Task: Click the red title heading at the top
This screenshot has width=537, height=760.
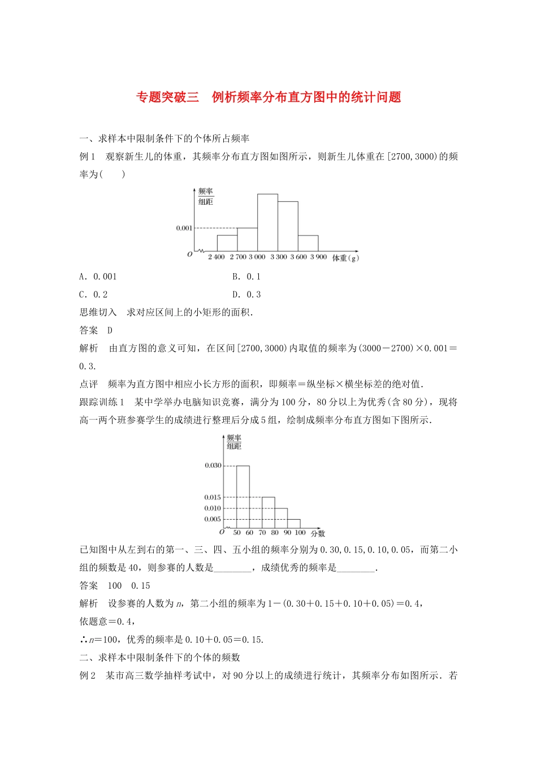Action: [x=268, y=97]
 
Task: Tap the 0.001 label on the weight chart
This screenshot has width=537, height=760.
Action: [x=184, y=228]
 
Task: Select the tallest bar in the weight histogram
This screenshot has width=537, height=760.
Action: [x=267, y=222]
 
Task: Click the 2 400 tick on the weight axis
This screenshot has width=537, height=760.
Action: [x=216, y=257]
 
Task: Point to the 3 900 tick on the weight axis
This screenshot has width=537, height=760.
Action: [x=319, y=257]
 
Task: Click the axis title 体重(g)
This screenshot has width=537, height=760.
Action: [x=345, y=258]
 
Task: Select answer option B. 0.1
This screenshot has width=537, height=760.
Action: [x=246, y=277]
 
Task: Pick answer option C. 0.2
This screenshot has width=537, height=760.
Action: [x=93, y=295]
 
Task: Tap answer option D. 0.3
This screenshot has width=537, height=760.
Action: [x=246, y=295]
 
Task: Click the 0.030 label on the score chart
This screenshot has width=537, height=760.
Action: [x=213, y=465]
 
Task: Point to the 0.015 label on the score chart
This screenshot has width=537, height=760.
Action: [x=213, y=498]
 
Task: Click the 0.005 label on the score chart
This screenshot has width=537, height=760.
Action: [x=213, y=519]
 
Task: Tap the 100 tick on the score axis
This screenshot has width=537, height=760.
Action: [x=300, y=533]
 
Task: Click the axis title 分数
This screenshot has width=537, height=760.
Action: [x=318, y=533]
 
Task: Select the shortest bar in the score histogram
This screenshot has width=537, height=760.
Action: [x=294, y=524]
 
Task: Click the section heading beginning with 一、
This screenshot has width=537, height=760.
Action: [x=164, y=139]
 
